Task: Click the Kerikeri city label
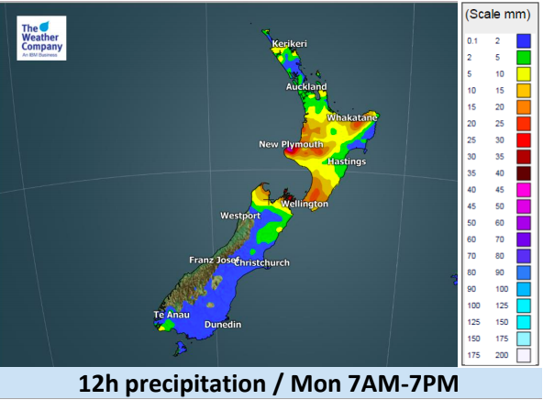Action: (x=290, y=43)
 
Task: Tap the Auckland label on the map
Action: (x=305, y=87)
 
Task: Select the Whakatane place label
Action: (x=352, y=118)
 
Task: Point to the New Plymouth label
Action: (x=291, y=144)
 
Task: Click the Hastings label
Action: (x=347, y=161)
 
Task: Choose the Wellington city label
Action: (x=305, y=203)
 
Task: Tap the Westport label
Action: (x=240, y=216)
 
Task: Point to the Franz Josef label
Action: (x=212, y=260)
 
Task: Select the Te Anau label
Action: (x=171, y=315)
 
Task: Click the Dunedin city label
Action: (x=223, y=325)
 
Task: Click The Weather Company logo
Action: (x=40, y=40)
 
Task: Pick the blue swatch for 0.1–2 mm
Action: (x=524, y=40)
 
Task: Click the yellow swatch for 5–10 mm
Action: (x=524, y=73)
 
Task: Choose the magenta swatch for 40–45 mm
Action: (x=524, y=189)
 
